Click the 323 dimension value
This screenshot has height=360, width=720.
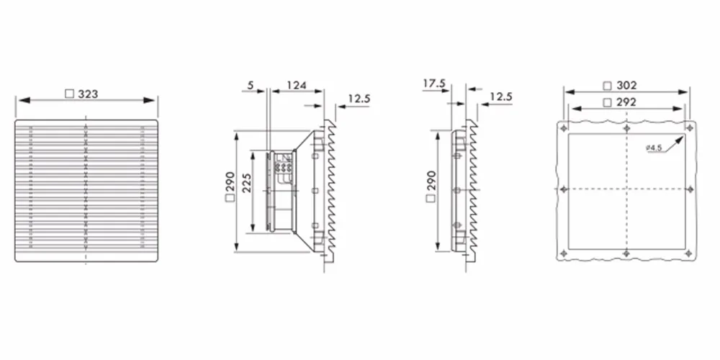coord(88,94)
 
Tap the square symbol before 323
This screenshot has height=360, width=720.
coord(69,94)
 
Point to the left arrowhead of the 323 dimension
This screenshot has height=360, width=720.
coord(24,100)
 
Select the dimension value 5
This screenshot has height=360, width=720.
coord(251,85)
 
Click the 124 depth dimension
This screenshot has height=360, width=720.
coord(297,85)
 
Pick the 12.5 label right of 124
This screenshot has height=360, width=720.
coord(359,99)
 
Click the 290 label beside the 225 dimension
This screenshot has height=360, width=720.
coord(230,181)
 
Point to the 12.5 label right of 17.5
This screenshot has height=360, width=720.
coord(501,97)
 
